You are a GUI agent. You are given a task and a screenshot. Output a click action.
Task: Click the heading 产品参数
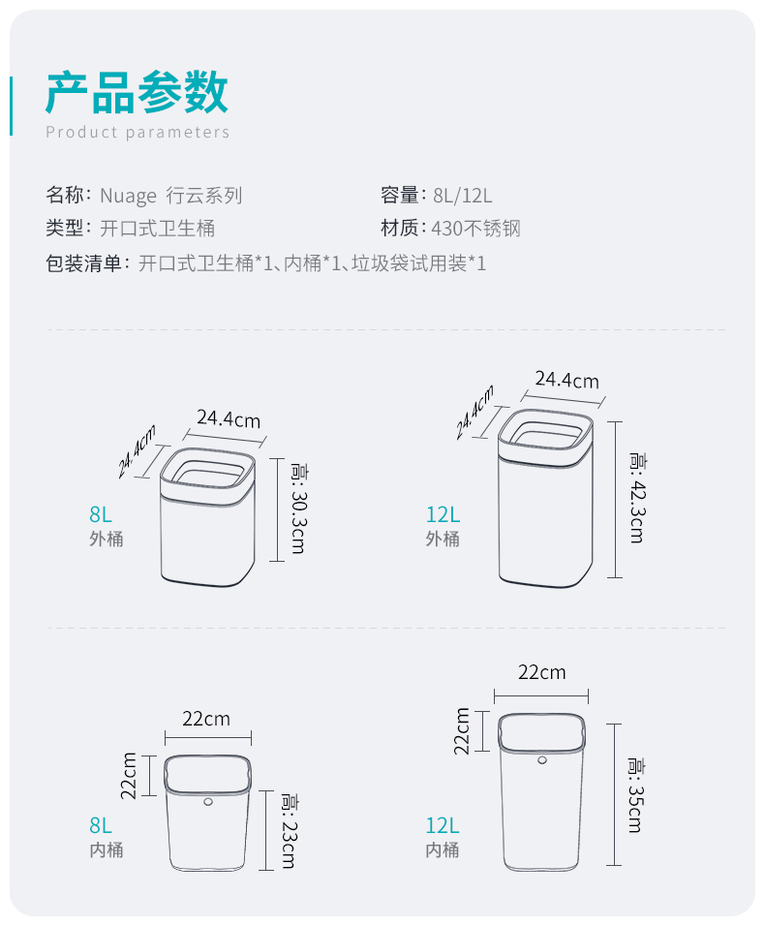coord(137,93)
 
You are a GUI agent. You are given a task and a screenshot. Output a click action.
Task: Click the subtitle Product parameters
coord(138,132)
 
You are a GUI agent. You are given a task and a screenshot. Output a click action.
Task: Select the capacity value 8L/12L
coord(463,196)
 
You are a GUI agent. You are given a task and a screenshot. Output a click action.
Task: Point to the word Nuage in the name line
coord(128,196)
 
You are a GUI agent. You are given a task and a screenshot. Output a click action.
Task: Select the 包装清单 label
coord(82,262)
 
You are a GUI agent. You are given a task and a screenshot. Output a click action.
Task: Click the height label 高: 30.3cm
coord(297,509)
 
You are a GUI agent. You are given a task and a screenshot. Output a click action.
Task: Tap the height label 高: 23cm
coord(289,830)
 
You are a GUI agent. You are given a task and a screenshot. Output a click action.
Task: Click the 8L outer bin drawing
coord(208,518)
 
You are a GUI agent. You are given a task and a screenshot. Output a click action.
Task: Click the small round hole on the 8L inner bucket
coord(208,802)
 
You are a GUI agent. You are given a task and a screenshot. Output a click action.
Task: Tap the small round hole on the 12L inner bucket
coord(542,760)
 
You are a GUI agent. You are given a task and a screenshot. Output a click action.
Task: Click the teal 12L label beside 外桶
coord(443,514)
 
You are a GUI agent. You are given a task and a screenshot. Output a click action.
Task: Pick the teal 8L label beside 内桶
coord(101,825)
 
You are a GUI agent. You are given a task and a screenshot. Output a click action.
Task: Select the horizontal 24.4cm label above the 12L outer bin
coord(566,380)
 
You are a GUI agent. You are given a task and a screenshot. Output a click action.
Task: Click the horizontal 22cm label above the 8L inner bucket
coord(206,719)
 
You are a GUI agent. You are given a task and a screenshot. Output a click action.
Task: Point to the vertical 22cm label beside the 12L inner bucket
coord(463,730)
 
